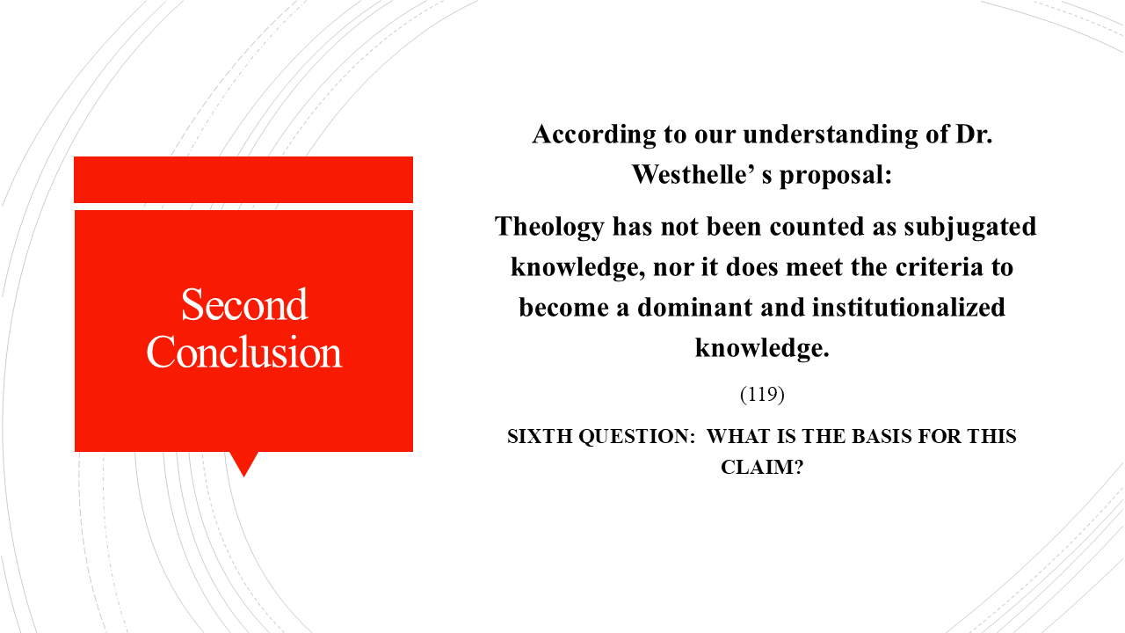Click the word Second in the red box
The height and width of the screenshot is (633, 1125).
244,305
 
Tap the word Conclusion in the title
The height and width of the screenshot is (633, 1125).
244,353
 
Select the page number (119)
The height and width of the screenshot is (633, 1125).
762,395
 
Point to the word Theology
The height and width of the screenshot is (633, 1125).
549,227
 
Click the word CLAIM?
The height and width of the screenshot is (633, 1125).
762,468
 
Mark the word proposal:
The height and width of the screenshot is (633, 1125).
836,174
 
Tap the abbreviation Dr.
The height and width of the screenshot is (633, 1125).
973,135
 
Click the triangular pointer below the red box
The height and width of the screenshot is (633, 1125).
243,462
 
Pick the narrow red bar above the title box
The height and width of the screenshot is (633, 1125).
243,179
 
